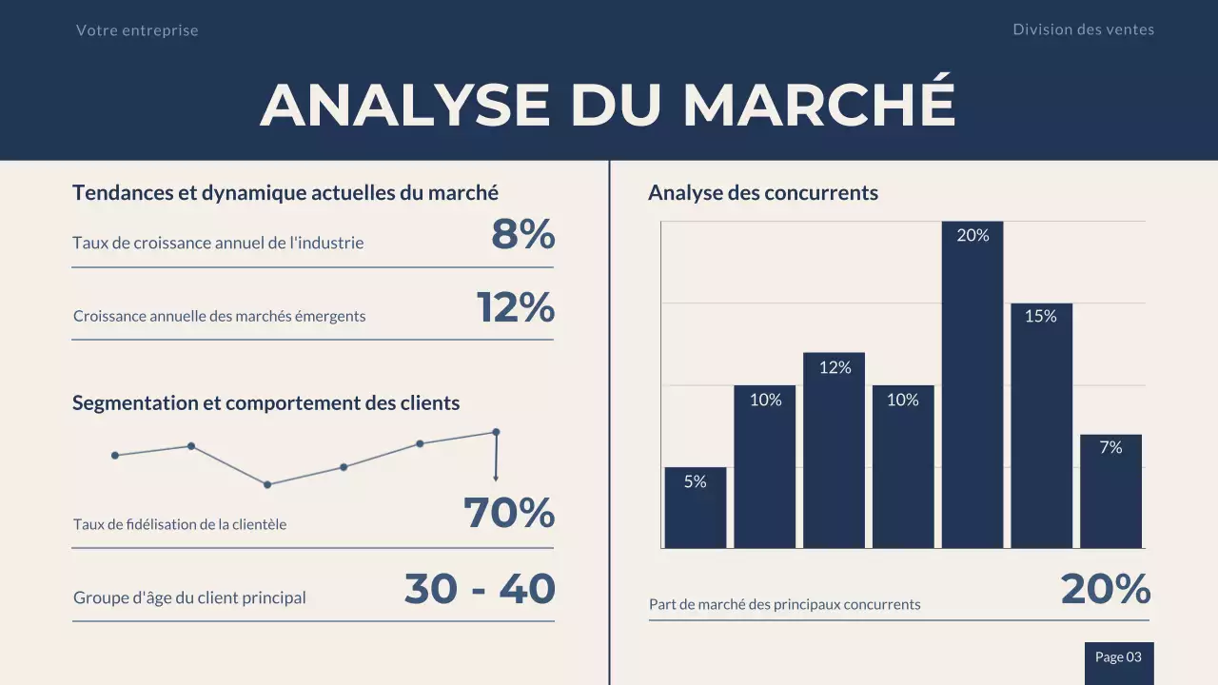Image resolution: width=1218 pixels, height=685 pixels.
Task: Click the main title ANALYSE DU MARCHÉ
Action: [608, 104]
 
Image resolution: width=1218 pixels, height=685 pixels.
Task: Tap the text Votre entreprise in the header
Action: [137, 30]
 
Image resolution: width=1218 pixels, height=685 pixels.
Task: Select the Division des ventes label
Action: [1083, 29]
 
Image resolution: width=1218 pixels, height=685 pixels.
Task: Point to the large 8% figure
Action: [522, 235]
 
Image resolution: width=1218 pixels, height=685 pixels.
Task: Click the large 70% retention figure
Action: [509, 514]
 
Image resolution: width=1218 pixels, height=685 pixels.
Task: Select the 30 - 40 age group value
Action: [480, 590]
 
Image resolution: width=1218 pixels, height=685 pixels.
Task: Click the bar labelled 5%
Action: [695, 509]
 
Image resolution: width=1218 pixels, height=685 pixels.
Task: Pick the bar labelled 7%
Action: [1110, 493]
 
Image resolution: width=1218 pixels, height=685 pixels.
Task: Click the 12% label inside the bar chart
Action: [835, 367]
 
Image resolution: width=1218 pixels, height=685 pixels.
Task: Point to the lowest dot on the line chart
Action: [267, 484]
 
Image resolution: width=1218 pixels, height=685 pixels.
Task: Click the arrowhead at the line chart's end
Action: [496, 478]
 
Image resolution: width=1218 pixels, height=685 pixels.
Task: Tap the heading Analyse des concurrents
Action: [762, 193]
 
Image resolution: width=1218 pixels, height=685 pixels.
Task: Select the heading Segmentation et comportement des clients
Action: [265, 403]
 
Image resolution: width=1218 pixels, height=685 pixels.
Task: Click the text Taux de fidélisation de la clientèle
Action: [180, 524]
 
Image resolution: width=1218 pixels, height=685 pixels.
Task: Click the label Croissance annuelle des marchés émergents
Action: [219, 316]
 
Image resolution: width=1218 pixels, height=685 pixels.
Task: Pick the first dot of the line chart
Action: [115, 455]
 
